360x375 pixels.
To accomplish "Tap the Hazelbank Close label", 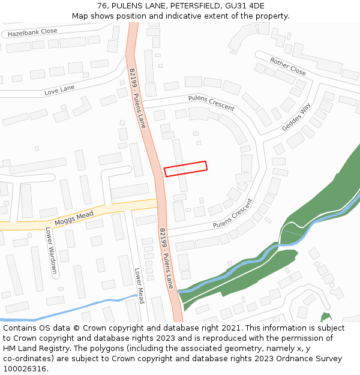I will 32,32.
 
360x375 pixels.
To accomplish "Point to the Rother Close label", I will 288,67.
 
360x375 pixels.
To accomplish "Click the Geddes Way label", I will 296,117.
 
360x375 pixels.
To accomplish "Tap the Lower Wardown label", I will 51,250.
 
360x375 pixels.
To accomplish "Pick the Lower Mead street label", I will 139,286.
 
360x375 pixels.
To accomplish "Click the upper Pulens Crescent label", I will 211,103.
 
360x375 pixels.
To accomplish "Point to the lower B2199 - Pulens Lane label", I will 166,258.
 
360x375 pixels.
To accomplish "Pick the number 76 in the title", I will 103,6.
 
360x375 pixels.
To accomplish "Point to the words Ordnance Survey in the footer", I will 308,359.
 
